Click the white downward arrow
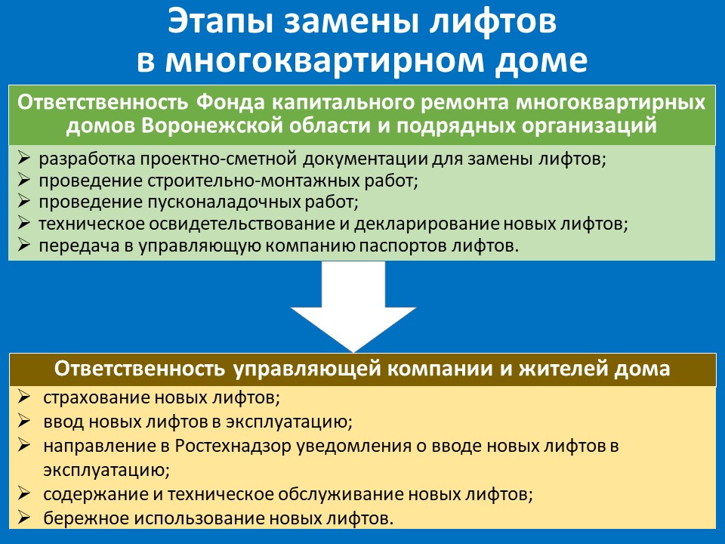(x=353, y=307)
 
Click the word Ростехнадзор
(x=233, y=447)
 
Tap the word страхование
(x=96, y=398)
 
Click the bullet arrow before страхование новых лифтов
(x=24, y=397)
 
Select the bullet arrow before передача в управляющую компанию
(x=23, y=245)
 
